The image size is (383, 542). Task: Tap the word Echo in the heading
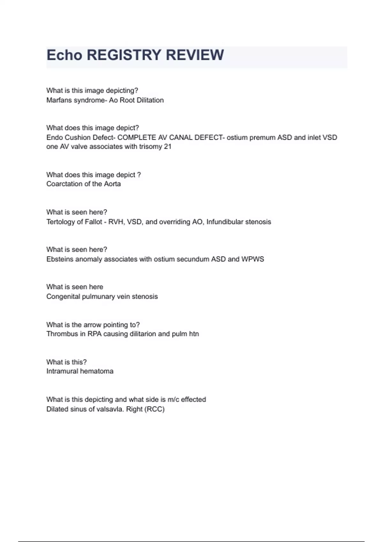(64, 55)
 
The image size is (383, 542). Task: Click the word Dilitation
(150, 100)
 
